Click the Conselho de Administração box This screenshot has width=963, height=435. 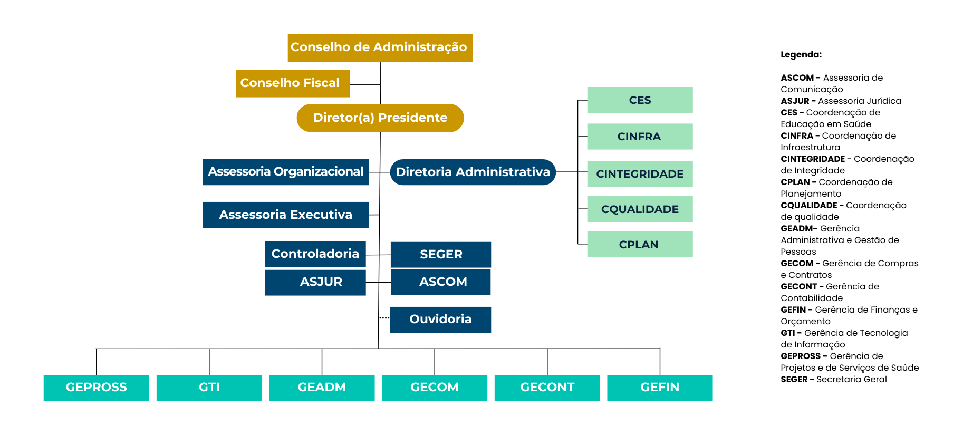pyautogui.click(x=380, y=47)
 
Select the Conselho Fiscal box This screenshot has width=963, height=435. pyautogui.click(x=292, y=83)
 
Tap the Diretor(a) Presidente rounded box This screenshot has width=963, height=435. pyautogui.click(x=380, y=118)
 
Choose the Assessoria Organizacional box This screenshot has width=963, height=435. pyautogui.click(x=285, y=172)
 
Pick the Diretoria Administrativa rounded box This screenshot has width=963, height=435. pyautogui.click(x=473, y=172)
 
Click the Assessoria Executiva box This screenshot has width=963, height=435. pyautogui.click(x=285, y=215)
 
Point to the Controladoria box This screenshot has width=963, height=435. pyautogui.click(x=315, y=254)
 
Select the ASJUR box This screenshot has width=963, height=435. pyautogui.click(x=315, y=282)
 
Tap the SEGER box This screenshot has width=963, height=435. pyautogui.click(x=440, y=255)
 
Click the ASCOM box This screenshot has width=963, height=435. pyautogui.click(x=440, y=282)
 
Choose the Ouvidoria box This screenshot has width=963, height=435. pyautogui.click(x=440, y=320)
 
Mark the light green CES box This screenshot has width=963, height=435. pyautogui.click(x=640, y=100)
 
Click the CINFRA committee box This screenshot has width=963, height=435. pyautogui.click(x=640, y=137)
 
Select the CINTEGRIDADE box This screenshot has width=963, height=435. pyautogui.click(x=640, y=174)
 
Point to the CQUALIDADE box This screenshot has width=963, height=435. pyautogui.click(x=640, y=209)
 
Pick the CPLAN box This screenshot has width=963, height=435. pyautogui.click(x=640, y=245)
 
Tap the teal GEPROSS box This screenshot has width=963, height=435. pyautogui.click(x=96, y=388)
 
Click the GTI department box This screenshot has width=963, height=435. pyautogui.click(x=209, y=388)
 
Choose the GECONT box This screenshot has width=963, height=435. pyautogui.click(x=547, y=388)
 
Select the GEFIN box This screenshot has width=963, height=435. pyautogui.click(x=660, y=388)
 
